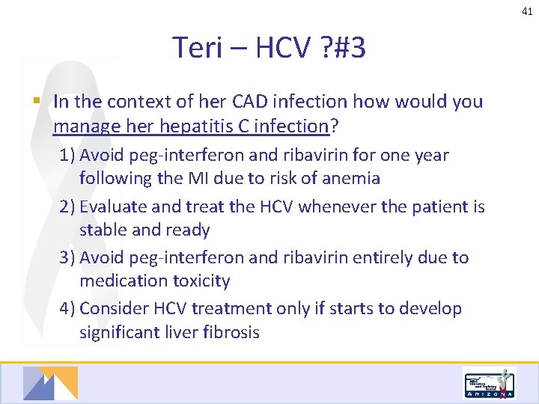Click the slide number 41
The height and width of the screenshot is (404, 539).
click(528, 10)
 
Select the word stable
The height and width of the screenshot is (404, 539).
click(103, 230)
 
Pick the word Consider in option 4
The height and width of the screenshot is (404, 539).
click(112, 308)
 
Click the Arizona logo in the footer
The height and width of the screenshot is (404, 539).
click(490, 384)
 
